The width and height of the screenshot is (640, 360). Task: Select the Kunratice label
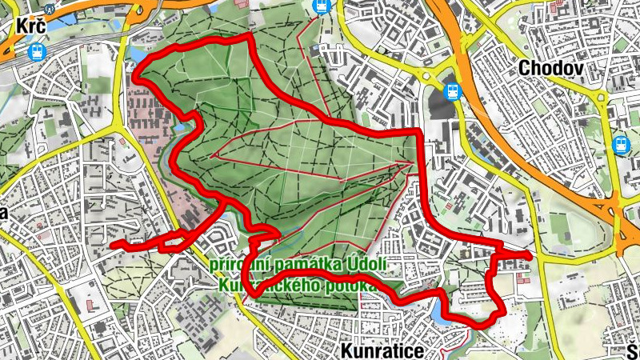pyautogui.click(x=380, y=350)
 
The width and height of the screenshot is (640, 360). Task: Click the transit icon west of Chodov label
pyautogui.click(x=452, y=91)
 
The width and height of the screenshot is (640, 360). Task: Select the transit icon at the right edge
pyautogui.click(x=621, y=145)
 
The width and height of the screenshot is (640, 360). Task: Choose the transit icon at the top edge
pyautogui.click(x=322, y=6)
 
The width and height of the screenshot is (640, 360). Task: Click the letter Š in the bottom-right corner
pyautogui.click(x=634, y=351)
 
